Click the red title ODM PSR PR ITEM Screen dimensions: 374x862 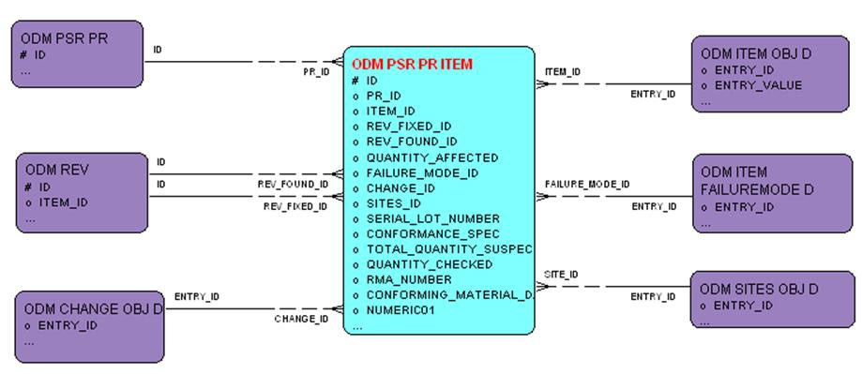(412, 65)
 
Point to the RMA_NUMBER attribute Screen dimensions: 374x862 (409, 279)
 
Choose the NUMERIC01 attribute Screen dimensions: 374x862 (401, 310)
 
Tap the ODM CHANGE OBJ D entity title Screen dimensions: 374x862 (93, 308)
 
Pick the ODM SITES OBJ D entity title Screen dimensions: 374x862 (759, 289)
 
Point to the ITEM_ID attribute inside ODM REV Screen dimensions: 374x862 (64, 202)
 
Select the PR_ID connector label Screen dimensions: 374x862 (316, 71)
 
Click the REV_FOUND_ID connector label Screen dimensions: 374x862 (293, 184)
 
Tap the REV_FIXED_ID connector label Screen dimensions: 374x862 (295, 205)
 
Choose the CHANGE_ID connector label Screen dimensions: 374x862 (301, 319)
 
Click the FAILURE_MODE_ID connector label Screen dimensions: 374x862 (587, 185)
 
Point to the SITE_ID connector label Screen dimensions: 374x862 (561, 275)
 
